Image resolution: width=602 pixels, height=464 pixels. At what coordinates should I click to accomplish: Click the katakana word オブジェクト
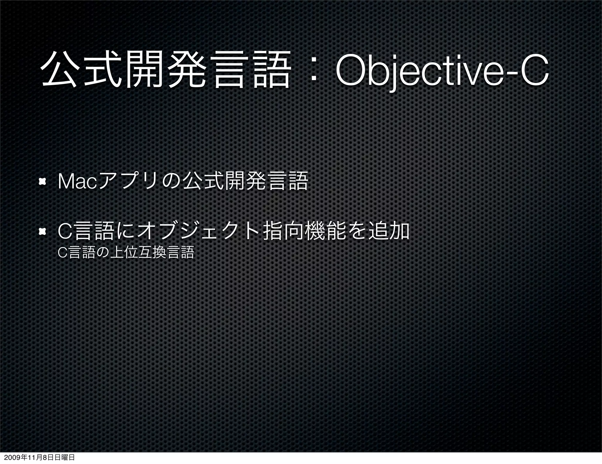tap(200, 232)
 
